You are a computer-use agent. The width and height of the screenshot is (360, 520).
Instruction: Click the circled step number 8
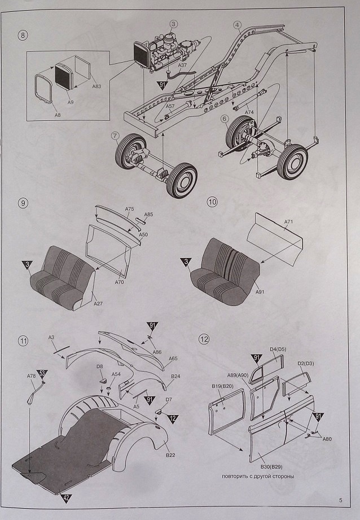coord(23,36)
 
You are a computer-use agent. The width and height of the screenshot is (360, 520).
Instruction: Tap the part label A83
coord(96,86)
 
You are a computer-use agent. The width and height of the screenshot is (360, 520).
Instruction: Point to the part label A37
coord(182,65)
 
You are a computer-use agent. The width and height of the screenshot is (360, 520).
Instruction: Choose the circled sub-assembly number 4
coord(237,25)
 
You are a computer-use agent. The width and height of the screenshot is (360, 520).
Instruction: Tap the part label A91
coord(260,292)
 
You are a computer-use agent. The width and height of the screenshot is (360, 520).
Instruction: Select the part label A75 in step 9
coord(129,209)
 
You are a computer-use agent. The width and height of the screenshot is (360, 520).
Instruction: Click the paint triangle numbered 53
coord(42,373)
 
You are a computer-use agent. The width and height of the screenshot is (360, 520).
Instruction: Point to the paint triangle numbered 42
coord(66,498)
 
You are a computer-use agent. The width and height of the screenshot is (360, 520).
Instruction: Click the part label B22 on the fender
coord(169,455)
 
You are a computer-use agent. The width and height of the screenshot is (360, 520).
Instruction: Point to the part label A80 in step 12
coord(327,438)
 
